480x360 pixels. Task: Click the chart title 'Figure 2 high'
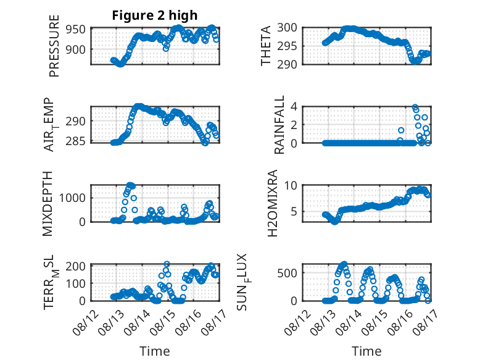[x=155, y=15]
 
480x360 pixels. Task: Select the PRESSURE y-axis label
[x=54, y=46]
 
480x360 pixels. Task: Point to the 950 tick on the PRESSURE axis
[x=76, y=30]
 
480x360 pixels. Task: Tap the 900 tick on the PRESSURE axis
[x=76, y=49]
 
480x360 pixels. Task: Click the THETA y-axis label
[x=266, y=46]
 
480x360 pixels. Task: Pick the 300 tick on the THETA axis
[x=287, y=28]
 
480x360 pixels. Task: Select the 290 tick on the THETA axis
[x=287, y=64]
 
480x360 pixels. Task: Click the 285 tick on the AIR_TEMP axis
[x=76, y=141]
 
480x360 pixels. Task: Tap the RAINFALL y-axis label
[x=279, y=125]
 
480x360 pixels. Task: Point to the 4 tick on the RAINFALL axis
[x=294, y=107]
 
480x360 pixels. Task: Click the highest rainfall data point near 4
[x=415, y=107]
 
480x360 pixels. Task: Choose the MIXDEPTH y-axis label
[x=48, y=204]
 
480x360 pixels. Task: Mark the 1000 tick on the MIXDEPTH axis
[x=72, y=198]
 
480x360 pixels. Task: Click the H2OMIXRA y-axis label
[x=273, y=203]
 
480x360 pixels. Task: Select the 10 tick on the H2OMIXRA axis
[x=291, y=185]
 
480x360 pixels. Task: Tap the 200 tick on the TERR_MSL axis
[x=76, y=266]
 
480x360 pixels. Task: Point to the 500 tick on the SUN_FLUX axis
[x=287, y=273]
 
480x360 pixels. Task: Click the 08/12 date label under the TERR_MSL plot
[x=86, y=322]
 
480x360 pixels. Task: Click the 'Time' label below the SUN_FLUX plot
[x=366, y=351]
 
